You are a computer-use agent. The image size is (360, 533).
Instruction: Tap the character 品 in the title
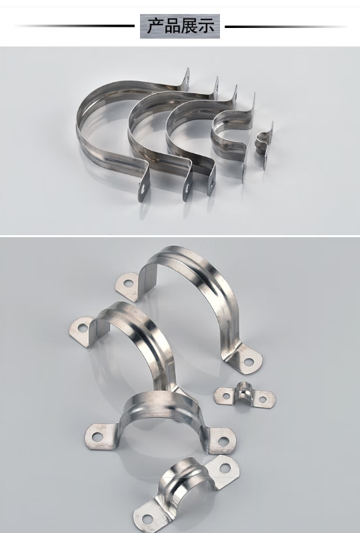tap(172, 26)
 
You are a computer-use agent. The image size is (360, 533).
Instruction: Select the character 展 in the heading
tap(189, 26)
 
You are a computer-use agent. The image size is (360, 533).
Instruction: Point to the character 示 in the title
tap(205, 26)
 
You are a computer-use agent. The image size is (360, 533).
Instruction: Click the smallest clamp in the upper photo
tap(265, 145)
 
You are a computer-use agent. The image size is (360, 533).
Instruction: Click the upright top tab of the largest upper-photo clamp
tap(186, 79)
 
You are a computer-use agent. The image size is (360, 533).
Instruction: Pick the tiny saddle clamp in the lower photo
tap(245, 396)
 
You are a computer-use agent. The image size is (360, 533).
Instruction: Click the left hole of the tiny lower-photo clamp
tap(226, 396)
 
